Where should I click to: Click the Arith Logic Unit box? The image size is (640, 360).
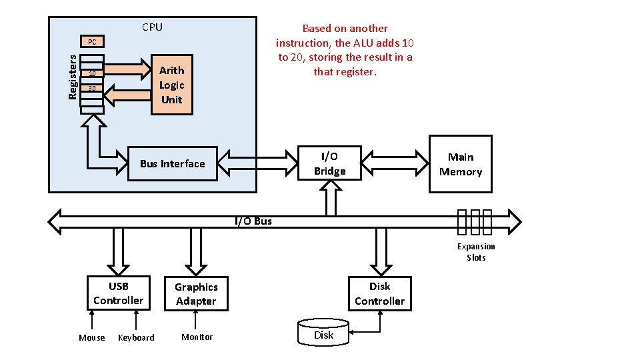point(172,85)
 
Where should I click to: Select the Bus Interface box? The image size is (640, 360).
point(173,164)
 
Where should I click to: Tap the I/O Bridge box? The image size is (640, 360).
point(329,164)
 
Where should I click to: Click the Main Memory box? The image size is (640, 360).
point(460,164)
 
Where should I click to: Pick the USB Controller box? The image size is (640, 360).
point(118,293)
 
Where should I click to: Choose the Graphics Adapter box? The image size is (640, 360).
point(196,294)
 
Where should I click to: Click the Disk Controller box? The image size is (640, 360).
point(379,293)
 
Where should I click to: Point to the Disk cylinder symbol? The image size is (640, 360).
point(323,333)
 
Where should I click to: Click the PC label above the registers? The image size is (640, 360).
point(92,42)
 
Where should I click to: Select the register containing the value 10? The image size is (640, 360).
point(92,73)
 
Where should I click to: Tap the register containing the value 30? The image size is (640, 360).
point(92,89)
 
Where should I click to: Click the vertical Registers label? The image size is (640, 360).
point(73,77)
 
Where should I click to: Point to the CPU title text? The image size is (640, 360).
point(152,27)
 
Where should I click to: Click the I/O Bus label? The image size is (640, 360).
point(253,221)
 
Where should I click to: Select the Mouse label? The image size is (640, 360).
point(92,337)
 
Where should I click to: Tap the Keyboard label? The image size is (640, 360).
point(136,337)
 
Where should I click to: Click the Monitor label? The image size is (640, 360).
point(197,337)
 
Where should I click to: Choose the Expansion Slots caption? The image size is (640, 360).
point(476,252)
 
